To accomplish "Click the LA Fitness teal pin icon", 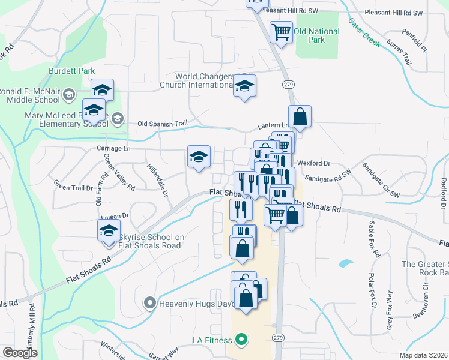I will coord(241,340).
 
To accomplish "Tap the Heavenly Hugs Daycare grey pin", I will coord(150,304).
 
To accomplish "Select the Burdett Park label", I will coord(72,71).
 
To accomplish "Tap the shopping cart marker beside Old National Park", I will coord(281,32).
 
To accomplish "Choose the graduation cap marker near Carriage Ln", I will coord(199,157).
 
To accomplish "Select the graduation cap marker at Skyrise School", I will coord(109,230).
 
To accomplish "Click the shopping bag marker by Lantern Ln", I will coord(300,116).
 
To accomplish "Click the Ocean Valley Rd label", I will coord(120,171).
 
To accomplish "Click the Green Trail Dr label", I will coord(73,187).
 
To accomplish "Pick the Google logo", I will coord(20,353).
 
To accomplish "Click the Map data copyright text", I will coord(424,355).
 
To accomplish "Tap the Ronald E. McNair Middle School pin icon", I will coord(68,94).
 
